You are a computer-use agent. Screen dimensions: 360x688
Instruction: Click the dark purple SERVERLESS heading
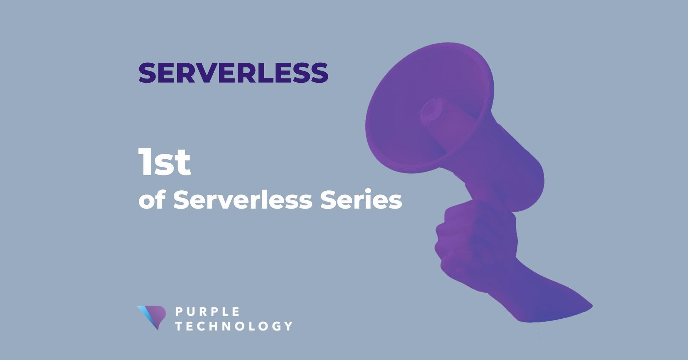tap(233, 73)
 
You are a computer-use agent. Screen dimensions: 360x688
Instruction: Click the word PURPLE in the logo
tap(207, 312)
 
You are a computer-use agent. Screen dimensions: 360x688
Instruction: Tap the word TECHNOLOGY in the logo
tap(234, 326)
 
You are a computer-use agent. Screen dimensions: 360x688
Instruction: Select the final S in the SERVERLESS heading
tap(318, 73)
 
